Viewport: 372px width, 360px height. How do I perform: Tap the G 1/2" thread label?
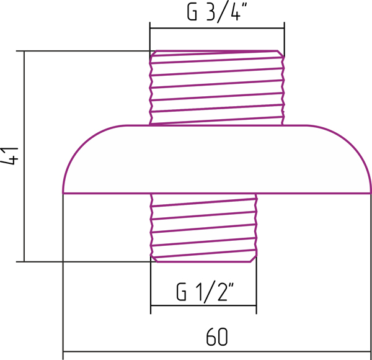tap(205, 292)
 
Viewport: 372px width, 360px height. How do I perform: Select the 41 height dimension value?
tap(9, 156)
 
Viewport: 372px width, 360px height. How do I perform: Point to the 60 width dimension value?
tap(217, 337)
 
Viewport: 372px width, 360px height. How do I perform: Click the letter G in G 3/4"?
tap(192, 12)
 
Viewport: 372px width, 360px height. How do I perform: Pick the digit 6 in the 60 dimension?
tap(211, 337)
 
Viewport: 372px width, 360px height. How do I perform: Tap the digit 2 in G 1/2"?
tap(223, 292)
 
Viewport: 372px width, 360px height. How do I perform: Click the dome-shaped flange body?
tap(217, 159)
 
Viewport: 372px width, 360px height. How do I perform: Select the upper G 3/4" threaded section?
tap(217, 88)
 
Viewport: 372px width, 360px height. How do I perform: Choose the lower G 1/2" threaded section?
tap(203, 228)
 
